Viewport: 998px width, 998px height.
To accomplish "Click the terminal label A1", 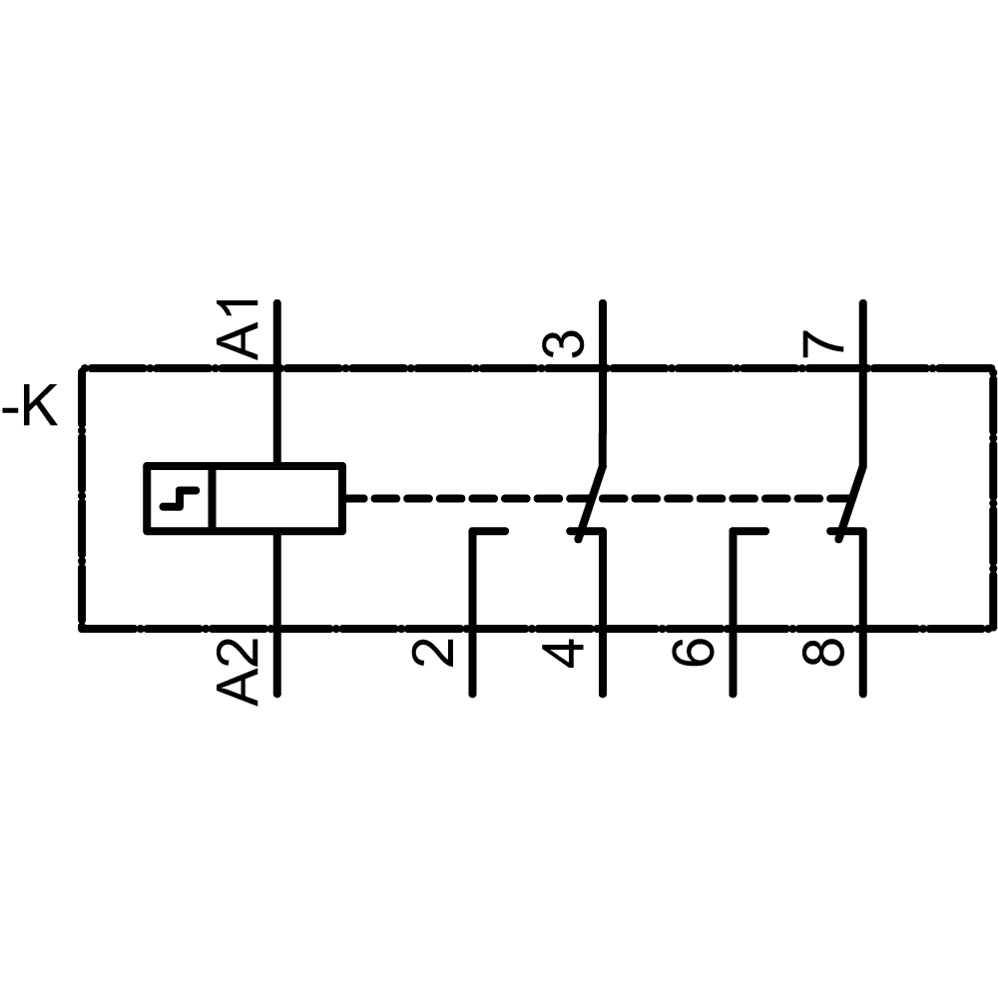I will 240,328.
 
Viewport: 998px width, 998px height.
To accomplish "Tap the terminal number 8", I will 824,653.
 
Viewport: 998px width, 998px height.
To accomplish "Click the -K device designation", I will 32,410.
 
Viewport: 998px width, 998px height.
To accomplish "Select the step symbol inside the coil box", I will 180,497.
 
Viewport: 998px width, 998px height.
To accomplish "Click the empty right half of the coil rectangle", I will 279,497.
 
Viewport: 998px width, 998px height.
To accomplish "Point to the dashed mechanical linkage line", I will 459,497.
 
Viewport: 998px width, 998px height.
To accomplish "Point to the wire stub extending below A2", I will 275,663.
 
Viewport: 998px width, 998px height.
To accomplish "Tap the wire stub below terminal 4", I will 603,663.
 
